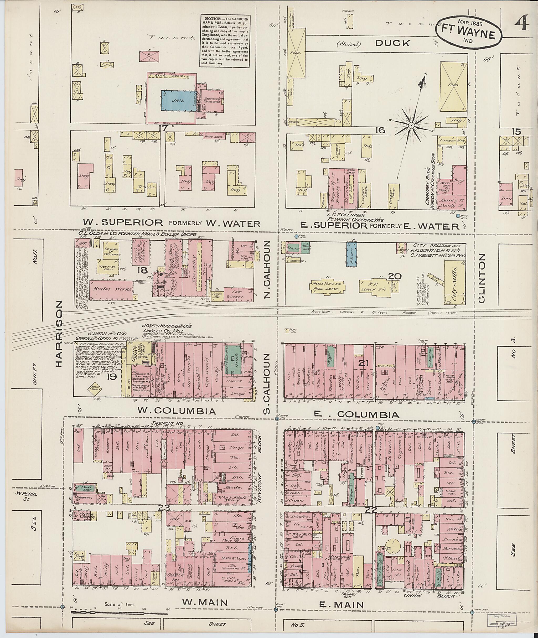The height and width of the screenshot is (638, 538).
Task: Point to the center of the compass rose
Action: tap(411, 125)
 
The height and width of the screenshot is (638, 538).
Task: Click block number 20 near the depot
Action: tap(395, 276)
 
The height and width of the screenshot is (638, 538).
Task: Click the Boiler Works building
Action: tap(104, 289)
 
